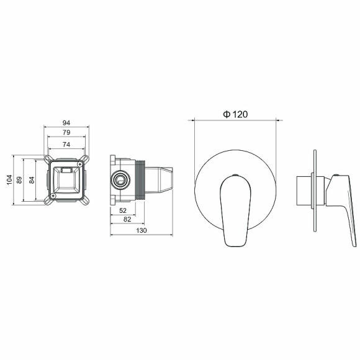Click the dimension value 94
[66, 122]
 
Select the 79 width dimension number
[66, 133]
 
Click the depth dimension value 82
[127, 220]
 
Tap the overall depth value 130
[141, 230]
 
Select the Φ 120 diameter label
[235, 114]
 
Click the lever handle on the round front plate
[235, 208]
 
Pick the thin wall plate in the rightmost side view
[317, 192]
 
